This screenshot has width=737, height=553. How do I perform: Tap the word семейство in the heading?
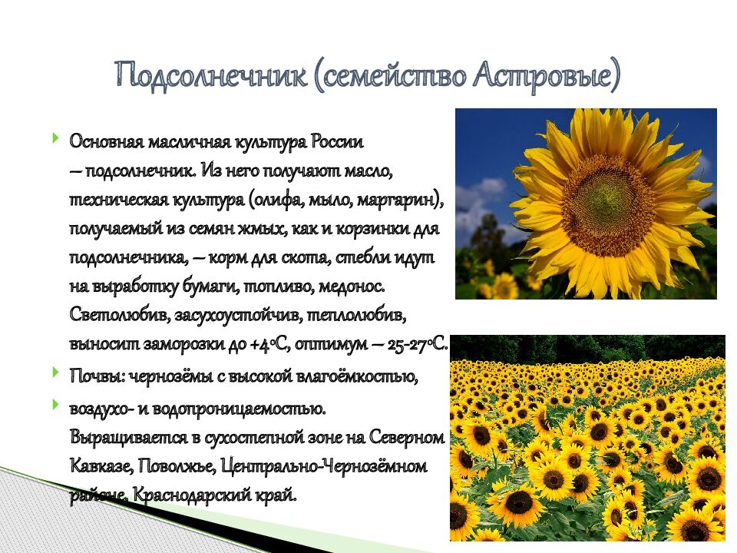click(388, 75)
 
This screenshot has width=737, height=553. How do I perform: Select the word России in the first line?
click(338, 143)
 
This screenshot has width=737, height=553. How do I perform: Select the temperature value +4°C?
click(269, 344)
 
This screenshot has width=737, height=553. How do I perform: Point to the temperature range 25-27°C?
click(418, 344)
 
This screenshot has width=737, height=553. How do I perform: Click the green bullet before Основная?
click(56, 139)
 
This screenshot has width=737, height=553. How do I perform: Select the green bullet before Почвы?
click(56, 373)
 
